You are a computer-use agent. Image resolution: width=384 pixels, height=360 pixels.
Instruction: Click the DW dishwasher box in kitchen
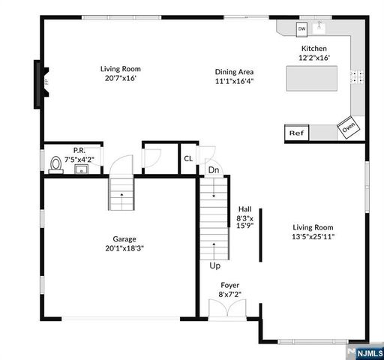tap(302, 29)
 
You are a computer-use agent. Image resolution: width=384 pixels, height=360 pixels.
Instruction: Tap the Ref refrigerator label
tap(295, 133)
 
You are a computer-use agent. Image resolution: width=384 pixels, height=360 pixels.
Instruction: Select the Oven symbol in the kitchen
tap(348, 128)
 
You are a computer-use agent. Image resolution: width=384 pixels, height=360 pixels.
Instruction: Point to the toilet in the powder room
tap(55, 165)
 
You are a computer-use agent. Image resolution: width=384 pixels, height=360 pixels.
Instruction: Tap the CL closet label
tap(188, 158)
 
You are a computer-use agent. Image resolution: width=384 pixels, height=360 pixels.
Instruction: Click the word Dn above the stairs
tap(214, 170)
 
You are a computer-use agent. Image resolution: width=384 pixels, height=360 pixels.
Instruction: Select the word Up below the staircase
tap(214, 266)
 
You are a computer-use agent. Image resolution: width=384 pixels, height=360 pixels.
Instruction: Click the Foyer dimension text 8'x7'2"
tap(229, 295)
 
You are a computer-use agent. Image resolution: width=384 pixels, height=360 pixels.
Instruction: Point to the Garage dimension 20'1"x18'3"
tap(125, 249)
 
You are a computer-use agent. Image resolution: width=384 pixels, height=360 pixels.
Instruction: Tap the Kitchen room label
tap(314, 48)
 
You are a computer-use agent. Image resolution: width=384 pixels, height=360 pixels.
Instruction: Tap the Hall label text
tap(244, 209)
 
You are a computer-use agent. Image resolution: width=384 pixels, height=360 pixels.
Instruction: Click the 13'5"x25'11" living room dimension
tap(313, 237)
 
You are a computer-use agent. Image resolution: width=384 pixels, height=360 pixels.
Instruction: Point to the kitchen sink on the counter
tap(320, 28)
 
